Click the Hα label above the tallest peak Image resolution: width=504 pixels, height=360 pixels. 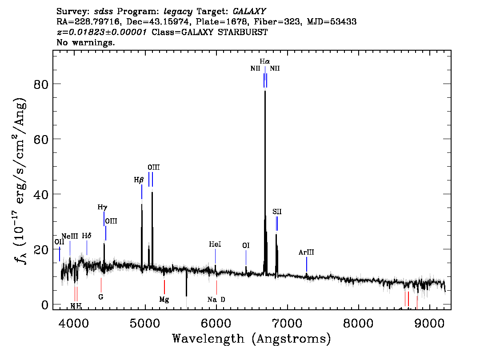point(265,61)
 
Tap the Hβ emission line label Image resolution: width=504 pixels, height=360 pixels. point(139,180)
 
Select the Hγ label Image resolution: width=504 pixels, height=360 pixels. point(102,207)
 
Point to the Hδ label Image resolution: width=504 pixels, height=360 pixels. point(87,236)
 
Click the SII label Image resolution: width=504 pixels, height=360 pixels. point(277,212)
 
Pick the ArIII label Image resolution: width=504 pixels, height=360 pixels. point(306,252)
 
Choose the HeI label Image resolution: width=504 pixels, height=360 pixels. point(215,244)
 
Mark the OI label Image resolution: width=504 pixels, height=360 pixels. point(246,245)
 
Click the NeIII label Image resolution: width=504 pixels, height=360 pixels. point(70,236)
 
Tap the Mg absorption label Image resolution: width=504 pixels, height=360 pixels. point(164,299)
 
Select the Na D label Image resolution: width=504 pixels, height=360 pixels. point(216,299)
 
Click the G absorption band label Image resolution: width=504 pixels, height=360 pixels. point(101,296)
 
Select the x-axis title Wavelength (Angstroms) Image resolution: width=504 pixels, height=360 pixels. point(252,339)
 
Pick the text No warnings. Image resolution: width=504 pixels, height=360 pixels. point(86,43)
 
